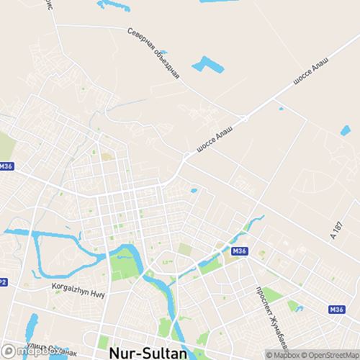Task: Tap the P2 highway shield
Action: point(3,282)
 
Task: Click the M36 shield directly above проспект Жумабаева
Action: point(240,251)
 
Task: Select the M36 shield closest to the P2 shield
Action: point(6,166)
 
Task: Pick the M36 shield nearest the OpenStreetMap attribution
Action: point(336,309)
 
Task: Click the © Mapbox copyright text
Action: point(284,354)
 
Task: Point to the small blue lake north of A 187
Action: point(345,131)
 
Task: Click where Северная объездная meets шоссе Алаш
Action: point(244,118)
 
